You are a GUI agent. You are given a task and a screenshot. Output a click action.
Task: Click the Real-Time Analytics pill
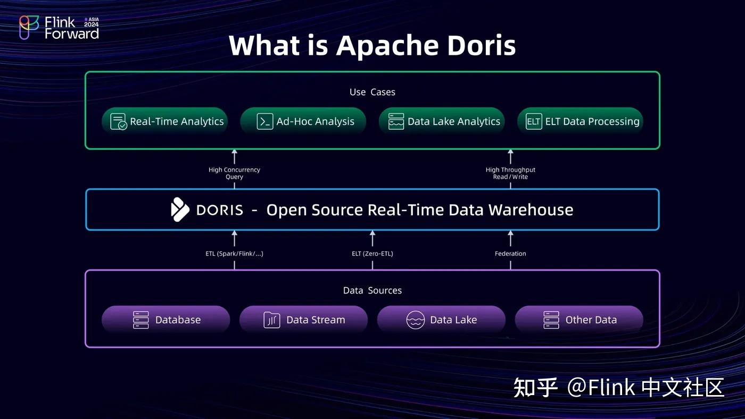165,121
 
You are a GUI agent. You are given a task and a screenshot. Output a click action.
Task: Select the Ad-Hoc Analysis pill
303,121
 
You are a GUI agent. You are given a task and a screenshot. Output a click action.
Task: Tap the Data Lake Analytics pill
442,121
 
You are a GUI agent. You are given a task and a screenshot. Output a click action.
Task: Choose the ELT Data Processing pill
580,121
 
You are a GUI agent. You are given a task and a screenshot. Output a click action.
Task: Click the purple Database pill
165,320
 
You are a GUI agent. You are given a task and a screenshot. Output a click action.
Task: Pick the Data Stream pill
303,320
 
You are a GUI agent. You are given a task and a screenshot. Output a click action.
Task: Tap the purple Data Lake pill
441,320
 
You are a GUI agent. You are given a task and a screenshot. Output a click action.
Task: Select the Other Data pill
579,320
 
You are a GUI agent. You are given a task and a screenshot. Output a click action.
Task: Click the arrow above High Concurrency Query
234,156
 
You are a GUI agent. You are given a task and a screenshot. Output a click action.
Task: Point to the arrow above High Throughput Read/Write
510,156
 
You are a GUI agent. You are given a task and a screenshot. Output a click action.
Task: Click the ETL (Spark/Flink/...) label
234,254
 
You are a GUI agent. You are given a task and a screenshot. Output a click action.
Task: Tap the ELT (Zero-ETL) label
372,254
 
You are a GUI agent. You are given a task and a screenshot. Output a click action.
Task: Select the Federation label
510,254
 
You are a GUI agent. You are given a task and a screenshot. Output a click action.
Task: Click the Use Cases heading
372,92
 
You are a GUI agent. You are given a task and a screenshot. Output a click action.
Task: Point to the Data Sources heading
372,290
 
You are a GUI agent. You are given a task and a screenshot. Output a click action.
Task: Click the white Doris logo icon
180,209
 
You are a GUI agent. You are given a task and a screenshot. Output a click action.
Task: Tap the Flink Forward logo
59,28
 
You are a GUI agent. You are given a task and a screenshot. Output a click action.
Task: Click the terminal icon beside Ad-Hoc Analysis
264,121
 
